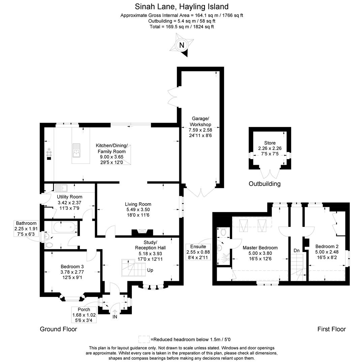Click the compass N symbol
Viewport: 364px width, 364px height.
182,45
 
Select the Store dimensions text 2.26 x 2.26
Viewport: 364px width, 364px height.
270,148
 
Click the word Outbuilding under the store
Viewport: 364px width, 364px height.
265,184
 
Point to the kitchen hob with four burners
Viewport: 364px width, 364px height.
49,152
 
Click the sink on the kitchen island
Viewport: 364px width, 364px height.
76,150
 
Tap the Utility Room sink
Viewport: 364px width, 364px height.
61,187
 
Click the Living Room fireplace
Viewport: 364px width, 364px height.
142,232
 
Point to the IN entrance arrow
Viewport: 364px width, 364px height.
115,314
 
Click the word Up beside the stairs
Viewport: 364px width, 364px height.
150,270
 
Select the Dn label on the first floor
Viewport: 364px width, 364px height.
297,250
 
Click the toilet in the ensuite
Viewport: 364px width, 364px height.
223,232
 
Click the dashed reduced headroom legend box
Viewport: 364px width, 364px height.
144,339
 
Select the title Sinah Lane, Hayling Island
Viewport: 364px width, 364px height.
182,6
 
